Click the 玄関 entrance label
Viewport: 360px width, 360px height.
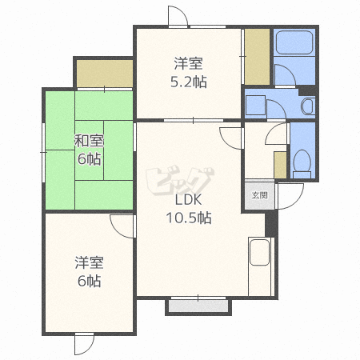(259, 195)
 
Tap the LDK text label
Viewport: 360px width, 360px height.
(189, 199)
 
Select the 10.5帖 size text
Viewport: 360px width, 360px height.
(189, 218)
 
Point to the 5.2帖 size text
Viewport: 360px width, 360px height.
(189, 82)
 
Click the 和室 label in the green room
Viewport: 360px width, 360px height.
(89, 141)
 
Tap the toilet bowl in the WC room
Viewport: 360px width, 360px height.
(302, 162)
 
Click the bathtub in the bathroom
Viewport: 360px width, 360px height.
(294, 42)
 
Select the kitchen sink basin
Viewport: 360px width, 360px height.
(259, 252)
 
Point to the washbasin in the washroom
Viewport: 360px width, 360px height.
(308, 106)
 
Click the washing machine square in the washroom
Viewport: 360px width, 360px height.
(255, 105)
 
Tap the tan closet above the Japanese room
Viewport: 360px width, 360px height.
(105, 74)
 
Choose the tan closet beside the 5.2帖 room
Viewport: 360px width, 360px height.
(257, 57)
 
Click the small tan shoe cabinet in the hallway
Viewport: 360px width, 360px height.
(280, 165)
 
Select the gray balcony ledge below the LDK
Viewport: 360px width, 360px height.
(198, 306)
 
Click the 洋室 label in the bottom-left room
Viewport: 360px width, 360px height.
(89, 262)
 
